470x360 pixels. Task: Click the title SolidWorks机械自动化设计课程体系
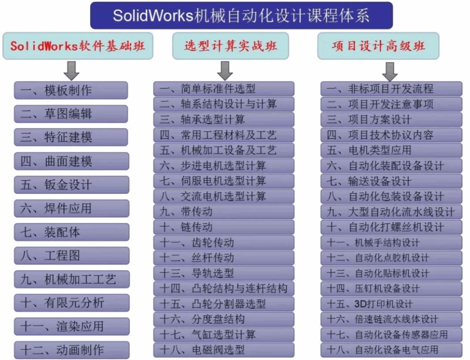pyautogui.click(x=241, y=15)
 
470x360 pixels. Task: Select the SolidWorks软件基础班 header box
pyautogui.click(x=78, y=46)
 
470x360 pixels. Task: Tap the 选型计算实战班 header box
pyautogui.click(x=231, y=46)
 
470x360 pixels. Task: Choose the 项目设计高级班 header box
pyautogui.click(x=378, y=46)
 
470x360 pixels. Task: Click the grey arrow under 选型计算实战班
pyautogui.click(x=225, y=71)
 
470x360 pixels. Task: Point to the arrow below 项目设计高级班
pyautogui.click(x=389, y=71)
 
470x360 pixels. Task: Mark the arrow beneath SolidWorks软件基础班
pyautogui.click(x=71, y=71)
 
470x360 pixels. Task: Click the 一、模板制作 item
pyautogui.click(x=71, y=90)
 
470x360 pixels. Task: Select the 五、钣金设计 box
pyautogui.click(x=72, y=185)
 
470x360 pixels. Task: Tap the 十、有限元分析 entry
pyautogui.click(x=72, y=303)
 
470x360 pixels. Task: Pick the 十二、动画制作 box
pyautogui.click(x=72, y=350)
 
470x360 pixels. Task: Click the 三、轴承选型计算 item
pyautogui.click(x=224, y=120)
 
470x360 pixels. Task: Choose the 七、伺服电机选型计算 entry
pyautogui.click(x=224, y=181)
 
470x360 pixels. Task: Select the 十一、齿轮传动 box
pyautogui.click(x=224, y=242)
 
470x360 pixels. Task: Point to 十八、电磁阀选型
pyautogui.click(x=224, y=350)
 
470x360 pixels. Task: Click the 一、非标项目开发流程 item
pyautogui.click(x=391, y=89)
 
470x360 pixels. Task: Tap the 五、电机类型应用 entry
pyautogui.click(x=391, y=150)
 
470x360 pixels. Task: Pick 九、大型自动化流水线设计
pyautogui.click(x=391, y=212)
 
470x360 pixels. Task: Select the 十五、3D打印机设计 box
pyautogui.click(x=391, y=304)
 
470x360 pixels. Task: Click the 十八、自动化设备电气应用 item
pyautogui.click(x=391, y=350)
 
